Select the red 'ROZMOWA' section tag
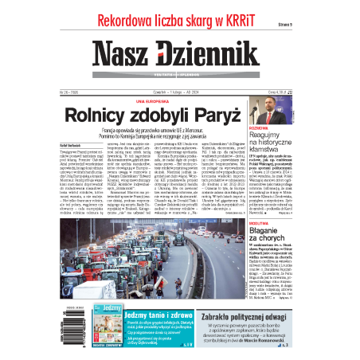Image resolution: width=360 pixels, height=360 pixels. point(304,128)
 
